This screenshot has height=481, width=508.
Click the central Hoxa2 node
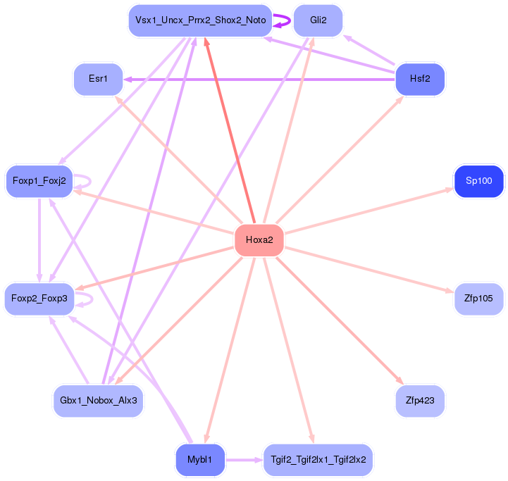(x=259, y=240)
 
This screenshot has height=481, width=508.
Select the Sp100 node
(x=479, y=181)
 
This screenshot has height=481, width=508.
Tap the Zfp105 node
(x=479, y=299)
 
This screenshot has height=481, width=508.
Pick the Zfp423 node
(x=420, y=401)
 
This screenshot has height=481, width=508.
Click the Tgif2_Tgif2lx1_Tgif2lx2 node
(x=318, y=460)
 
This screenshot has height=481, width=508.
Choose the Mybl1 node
(x=200, y=460)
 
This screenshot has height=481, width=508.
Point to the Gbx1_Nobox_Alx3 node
(x=99, y=401)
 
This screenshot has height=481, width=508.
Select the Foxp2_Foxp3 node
(x=39, y=299)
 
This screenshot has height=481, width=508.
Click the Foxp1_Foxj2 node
(x=39, y=181)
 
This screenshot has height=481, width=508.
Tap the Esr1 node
(x=99, y=80)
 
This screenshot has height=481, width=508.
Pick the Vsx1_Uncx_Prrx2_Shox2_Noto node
(x=200, y=20)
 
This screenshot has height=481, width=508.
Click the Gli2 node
(x=318, y=20)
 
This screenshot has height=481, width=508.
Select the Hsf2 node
(x=420, y=80)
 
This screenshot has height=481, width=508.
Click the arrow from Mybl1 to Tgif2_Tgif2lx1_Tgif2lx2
(x=243, y=460)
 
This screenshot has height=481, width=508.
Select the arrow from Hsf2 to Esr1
(x=261, y=80)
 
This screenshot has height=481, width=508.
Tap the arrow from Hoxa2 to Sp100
(x=366, y=211)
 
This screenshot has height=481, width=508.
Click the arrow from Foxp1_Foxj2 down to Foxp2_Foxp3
(x=39, y=239)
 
